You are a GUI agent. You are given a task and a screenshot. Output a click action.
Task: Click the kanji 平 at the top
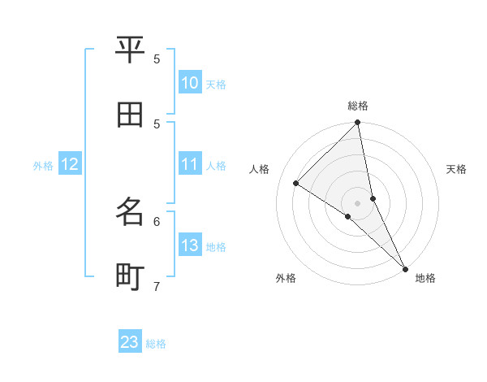131,50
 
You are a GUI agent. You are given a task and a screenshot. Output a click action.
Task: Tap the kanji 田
131,115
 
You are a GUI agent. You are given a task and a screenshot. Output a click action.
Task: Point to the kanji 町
131,276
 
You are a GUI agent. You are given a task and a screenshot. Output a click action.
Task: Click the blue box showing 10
189,83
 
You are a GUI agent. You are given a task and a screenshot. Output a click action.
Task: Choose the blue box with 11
189,164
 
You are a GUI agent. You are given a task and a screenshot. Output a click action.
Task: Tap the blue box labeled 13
189,245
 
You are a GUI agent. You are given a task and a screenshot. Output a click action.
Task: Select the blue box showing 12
70,164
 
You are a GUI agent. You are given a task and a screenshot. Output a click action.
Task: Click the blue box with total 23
130,342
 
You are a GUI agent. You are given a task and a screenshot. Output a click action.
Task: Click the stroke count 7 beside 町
157,286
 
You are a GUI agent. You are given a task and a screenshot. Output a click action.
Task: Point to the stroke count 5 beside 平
157,59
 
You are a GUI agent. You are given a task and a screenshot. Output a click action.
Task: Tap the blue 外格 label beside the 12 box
43,165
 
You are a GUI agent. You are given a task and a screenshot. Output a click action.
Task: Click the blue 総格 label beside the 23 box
156,343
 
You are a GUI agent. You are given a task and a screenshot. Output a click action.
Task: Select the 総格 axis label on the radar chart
358,106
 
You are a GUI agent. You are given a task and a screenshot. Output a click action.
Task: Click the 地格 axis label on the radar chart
425,278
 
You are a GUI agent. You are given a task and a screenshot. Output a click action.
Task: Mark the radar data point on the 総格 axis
358,124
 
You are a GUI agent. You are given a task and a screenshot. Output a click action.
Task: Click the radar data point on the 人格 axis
296,183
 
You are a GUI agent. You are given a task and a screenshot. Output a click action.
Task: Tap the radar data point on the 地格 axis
404,267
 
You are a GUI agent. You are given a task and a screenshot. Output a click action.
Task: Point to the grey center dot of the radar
358,203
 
